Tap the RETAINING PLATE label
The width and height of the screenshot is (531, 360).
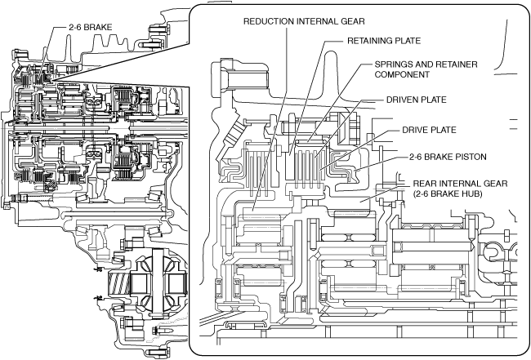(383, 40)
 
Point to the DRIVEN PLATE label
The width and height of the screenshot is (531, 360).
(417, 101)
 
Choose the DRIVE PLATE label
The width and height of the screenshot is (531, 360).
(429, 130)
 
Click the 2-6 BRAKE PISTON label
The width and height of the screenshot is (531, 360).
(448, 157)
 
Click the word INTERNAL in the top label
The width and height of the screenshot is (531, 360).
(320, 20)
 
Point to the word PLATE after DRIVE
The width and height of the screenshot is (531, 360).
(441, 130)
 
